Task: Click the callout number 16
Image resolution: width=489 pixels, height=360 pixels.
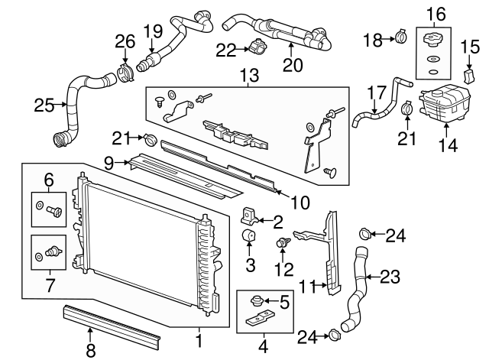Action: pyautogui.click(x=434, y=13)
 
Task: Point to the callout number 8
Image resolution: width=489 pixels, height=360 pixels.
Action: pyautogui.click(x=90, y=350)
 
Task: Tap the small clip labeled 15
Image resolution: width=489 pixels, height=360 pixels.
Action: pyautogui.click(x=471, y=77)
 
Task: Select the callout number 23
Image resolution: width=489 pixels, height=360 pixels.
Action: pyautogui.click(x=390, y=276)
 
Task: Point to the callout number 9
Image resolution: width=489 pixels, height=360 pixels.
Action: pyautogui.click(x=109, y=162)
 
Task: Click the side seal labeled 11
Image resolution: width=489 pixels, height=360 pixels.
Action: pyautogui.click(x=333, y=252)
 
